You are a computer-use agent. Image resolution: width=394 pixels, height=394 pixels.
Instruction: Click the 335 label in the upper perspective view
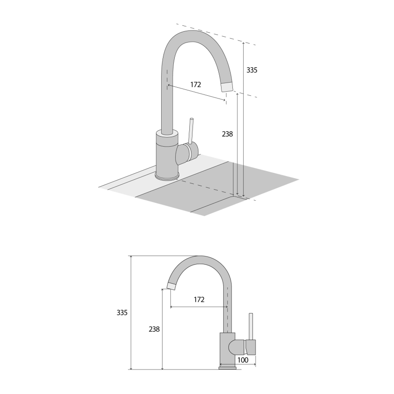[252, 70]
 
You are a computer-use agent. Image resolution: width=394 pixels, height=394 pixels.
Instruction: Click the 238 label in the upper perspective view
[227, 134]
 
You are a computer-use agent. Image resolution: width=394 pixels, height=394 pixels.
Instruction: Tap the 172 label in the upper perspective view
[196, 84]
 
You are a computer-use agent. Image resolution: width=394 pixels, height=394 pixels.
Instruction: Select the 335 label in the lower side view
[122, 313]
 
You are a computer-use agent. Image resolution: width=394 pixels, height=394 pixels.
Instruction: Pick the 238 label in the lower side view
[154, 329]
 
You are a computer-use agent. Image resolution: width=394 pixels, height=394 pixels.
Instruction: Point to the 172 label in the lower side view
[199, 300]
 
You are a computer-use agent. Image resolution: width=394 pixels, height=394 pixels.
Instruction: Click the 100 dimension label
[243, 360]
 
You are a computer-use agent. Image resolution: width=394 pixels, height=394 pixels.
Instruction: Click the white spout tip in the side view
[172, 286]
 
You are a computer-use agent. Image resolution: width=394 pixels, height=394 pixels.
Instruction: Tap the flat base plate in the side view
[228, 368]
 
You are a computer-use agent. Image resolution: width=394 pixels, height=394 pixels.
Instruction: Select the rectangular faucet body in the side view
[227, 347]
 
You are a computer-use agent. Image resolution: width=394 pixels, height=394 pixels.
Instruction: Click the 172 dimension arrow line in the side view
[198, 307]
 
